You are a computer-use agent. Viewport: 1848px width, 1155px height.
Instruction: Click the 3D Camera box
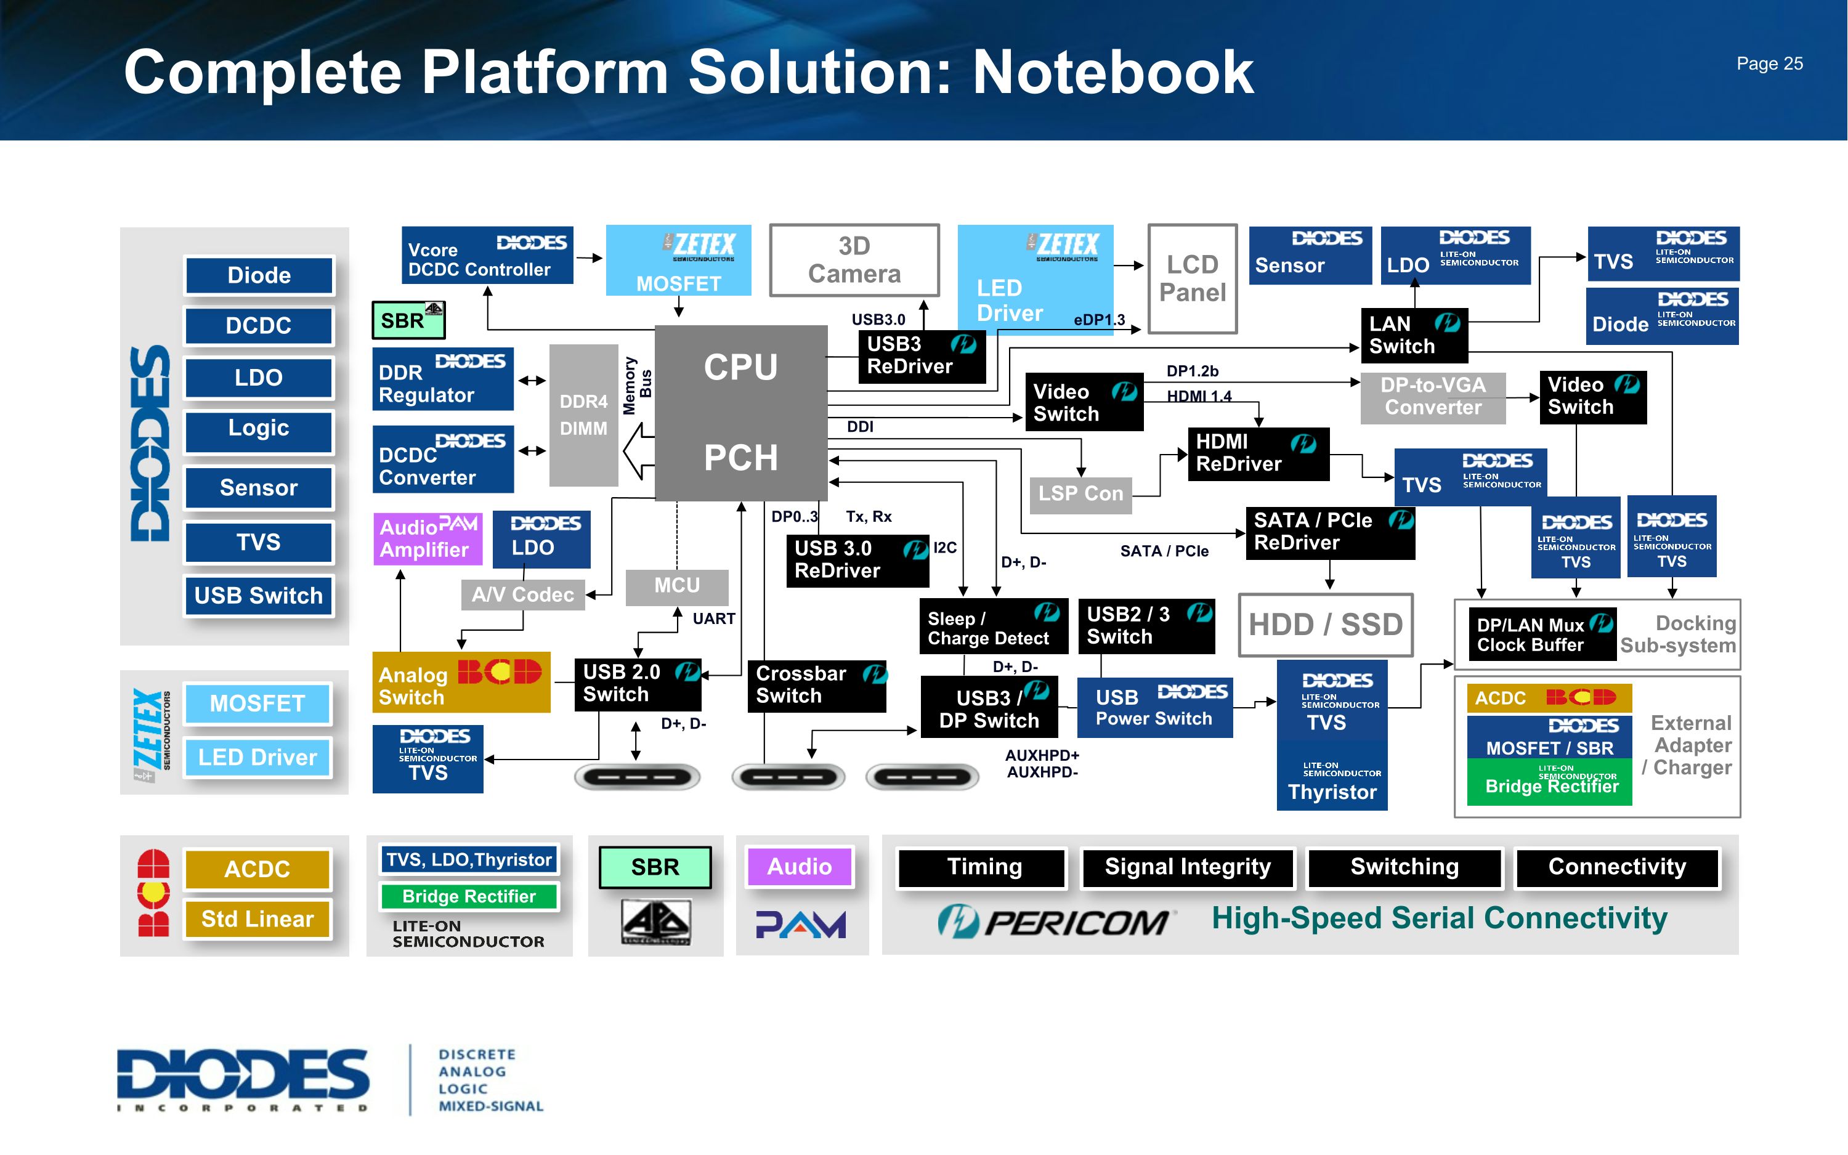pyautogui.click(x=854, y=260)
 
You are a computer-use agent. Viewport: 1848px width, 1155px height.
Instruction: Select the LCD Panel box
pyautogui.click(x=1192, y=279)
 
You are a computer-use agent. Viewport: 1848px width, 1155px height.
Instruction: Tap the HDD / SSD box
pyautogui.click(x=1325, y=625)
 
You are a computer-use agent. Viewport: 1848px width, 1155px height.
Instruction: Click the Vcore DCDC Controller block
pyautogui.click(x=487, y=255)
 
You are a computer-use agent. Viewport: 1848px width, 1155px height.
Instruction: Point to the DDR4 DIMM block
pyautogui.click(x=583, y=415)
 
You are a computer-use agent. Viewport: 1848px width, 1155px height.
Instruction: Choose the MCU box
pyautogui.click(x=676, y=586)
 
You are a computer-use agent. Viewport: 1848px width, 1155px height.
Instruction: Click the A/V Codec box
pyautogui.click(x=522, y=595)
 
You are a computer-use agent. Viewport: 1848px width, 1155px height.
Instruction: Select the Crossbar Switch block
pyautogui.click(x=816, y=685)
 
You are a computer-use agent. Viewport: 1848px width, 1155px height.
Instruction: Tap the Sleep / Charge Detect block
pyautogui.click(x=993, y=627)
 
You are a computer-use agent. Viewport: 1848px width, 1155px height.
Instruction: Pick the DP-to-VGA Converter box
pyautogui.click(x=1433, y=397)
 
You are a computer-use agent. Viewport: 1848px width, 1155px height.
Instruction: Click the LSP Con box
pyautogui.click(x=1080, y=494)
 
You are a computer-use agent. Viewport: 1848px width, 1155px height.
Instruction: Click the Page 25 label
pyautogui.click(x=1769, y=64)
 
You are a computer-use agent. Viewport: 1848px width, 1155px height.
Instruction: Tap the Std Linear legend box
pyautogui.click(x=257, y=919)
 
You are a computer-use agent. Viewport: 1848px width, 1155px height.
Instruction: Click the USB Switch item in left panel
pyautogui.click(x=258, y=596)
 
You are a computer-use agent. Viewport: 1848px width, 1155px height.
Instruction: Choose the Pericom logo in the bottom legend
pyautogui.click(x=1054, y=922)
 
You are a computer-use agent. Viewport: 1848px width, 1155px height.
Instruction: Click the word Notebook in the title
pyautogui.click(x=1112, y=73)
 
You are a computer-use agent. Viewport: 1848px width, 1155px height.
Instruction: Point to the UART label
pyautogui.click(x=713, y=618)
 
